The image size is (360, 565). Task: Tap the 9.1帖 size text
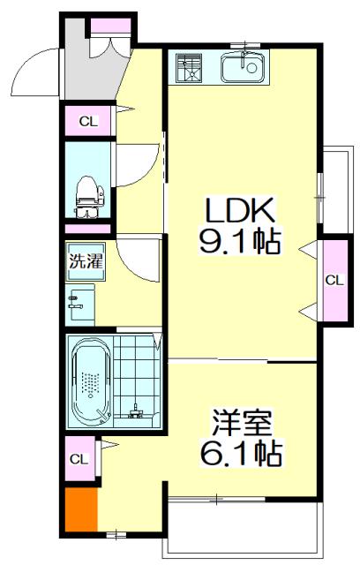(x=240, y=240)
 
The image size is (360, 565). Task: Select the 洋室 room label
(x=239, y=421)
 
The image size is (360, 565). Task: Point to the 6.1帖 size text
(x=239, y=453)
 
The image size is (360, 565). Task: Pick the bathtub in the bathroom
(x=88, y=383)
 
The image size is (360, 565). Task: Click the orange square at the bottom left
(x=79, y=509)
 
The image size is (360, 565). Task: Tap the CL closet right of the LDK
(x=334, y=280)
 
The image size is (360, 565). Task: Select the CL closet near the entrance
(x=88, y=121)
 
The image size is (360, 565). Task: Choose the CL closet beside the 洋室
(x=79, y=459)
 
